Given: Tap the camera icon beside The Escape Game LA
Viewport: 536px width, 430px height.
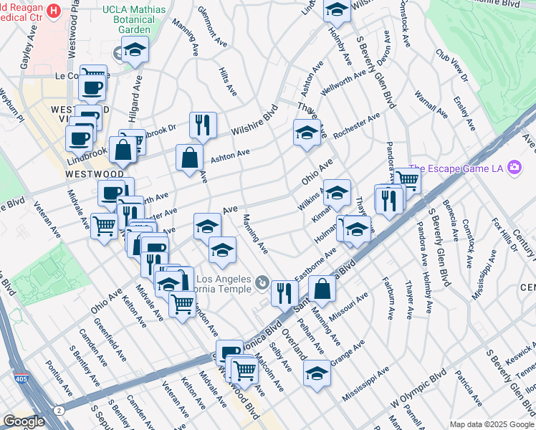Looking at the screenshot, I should click(x=514, y=168).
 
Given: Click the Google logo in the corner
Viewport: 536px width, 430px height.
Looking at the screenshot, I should click(x=24, y=421).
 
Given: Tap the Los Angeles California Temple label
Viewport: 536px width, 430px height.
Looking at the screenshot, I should click(x=224, y=284).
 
